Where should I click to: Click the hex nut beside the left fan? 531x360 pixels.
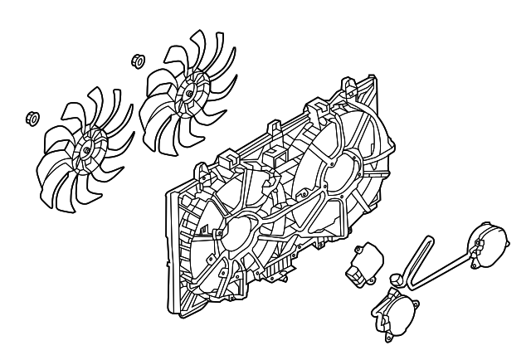click(x=32, y=116)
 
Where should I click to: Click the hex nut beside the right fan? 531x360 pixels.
click(x=138, y=61)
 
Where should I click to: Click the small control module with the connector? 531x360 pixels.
click(x=362, y=264)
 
